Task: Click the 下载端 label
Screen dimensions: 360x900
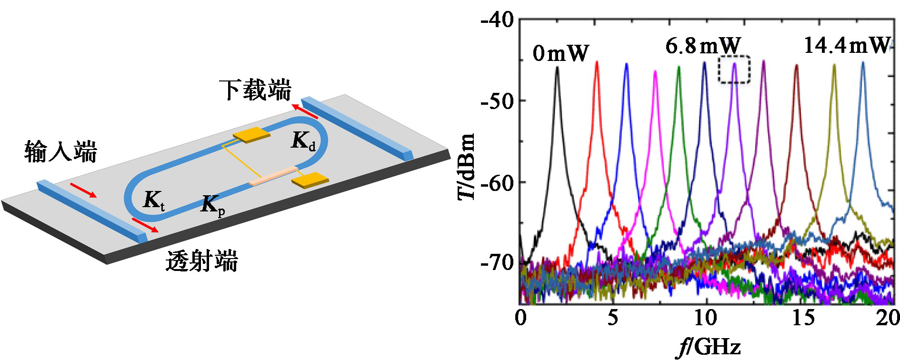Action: tap(255, 90)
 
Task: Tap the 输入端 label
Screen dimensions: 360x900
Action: tap(60, 152)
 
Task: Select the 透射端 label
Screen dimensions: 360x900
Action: tap(201, 261)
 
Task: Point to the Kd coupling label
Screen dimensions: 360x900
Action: tap(303, 141)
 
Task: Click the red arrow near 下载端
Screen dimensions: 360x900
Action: tap(304, 111)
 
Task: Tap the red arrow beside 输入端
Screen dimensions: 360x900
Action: tap(83, 190)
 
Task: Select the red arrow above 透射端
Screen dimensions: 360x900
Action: tap(145, 225)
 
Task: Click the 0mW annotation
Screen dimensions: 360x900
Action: tap(560, 53)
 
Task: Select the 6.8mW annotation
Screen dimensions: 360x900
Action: tap(703, 46)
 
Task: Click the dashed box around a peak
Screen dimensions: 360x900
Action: tap(734, 70)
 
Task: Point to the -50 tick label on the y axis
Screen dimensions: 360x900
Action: tap(497, 101)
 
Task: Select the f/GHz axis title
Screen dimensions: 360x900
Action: tap(709, 347)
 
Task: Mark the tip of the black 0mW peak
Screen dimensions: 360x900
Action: tap(557, 68)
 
